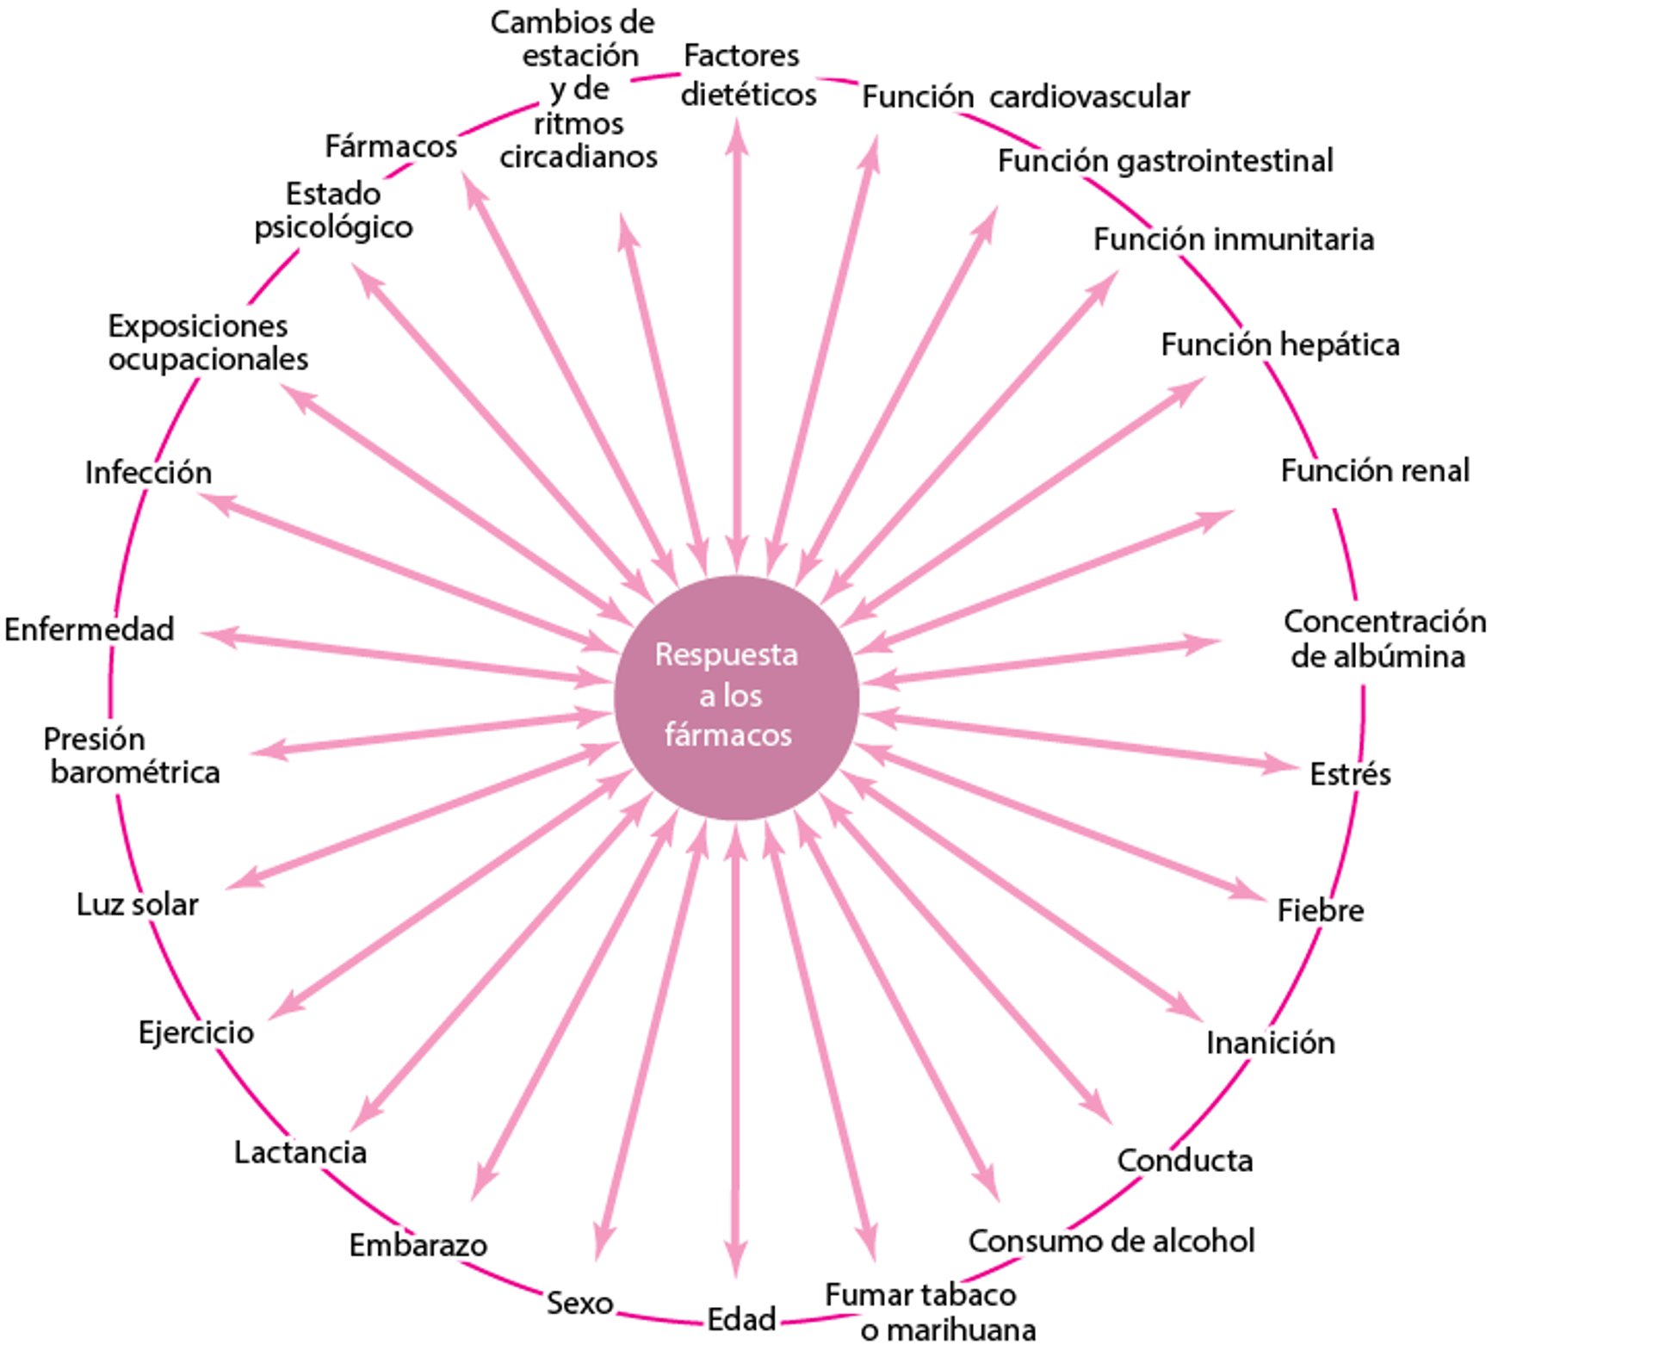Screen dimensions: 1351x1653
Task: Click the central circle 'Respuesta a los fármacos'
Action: tap(736, 697)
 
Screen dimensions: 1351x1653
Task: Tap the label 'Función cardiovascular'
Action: tap(1025, 97)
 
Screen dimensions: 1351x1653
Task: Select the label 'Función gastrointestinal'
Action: tap(1165, 161)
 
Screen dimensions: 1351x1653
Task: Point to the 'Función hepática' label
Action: tap(1279, 344)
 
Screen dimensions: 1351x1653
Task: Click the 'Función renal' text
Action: tap(1375, 471)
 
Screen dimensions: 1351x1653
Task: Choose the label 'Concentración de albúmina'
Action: tap(1383, 639)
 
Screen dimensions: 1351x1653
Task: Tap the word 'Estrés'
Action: tap(1349, 774)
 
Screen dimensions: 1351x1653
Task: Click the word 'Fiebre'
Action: tap(1320, 910)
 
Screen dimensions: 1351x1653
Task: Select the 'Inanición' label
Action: tap(1270, 1043)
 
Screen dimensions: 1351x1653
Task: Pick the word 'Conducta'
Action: tap(1185, 1161)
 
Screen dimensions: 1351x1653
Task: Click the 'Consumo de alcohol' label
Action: tap(1111, 1242)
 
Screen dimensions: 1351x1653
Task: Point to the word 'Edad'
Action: tap(741, 1319)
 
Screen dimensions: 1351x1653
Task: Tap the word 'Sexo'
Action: tap(579, 1303)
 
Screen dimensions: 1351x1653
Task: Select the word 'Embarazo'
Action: tap(418, 1245)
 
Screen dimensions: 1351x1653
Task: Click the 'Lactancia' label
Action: tap(300, 1152)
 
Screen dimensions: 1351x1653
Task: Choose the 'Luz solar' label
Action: tap(138, 905)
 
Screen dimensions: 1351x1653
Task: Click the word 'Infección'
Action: tap(148, 473)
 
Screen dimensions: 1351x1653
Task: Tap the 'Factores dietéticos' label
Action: tap(746, 75)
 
